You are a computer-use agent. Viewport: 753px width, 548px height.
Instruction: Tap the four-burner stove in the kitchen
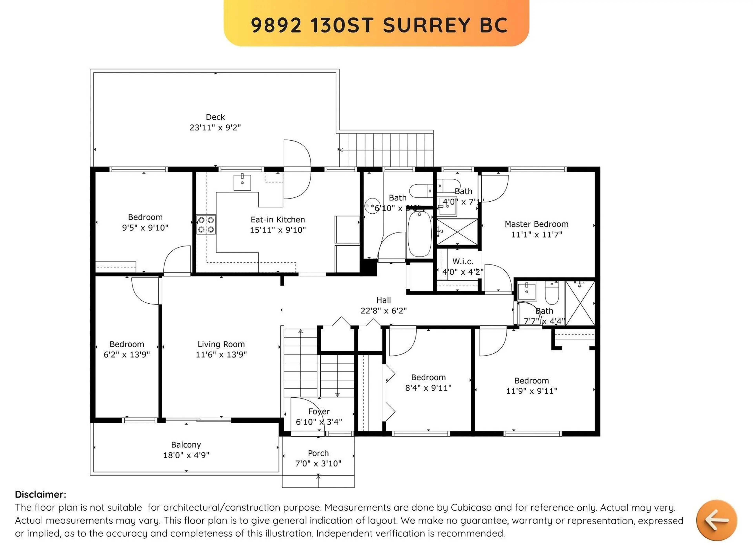[x=206, y=225]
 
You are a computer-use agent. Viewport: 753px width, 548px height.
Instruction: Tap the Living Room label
[x=221, y=344]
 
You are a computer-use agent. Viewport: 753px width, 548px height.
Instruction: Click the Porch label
[x=318, y=453]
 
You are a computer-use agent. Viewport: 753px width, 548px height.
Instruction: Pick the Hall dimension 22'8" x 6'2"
[x=384, y=310]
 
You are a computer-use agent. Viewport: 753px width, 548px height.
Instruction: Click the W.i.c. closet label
[x=463, y=262]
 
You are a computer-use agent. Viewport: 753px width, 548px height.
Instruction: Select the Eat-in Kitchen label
[x=277, y=220]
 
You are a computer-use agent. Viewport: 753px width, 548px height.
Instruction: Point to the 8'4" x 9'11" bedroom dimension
[x=428, y=388]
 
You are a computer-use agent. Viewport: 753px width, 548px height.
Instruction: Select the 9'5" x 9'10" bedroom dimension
[x=145, y=228]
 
